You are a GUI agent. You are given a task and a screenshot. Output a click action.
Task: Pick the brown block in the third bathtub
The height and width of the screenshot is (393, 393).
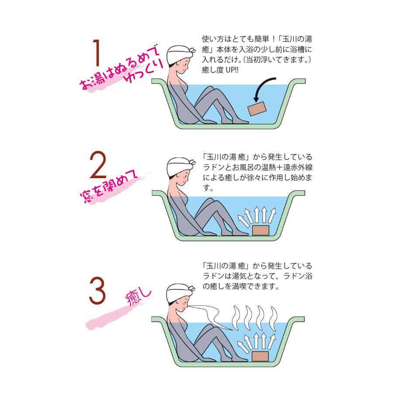coord(261,355)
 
